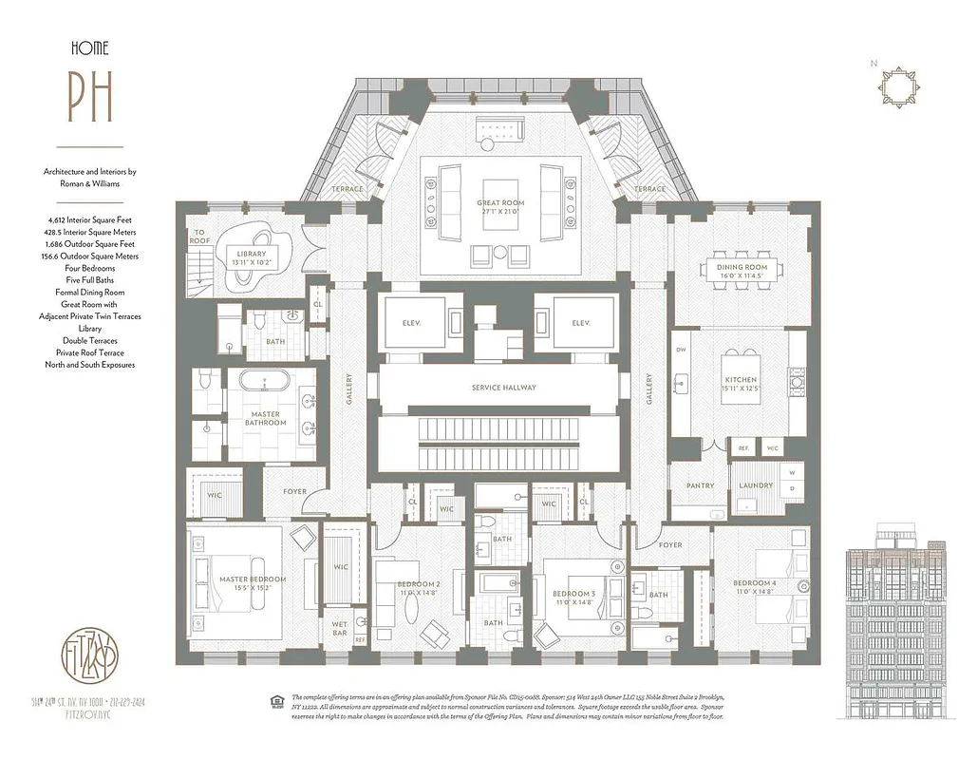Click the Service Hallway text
(x=503, y=388)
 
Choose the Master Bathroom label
(x=266, y=418)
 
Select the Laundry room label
(x=756, y=485)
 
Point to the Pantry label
(x=700, y=485)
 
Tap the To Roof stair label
(x=200, y=237)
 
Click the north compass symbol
(x=897, y=88)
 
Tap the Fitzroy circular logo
(x=90, y=655)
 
